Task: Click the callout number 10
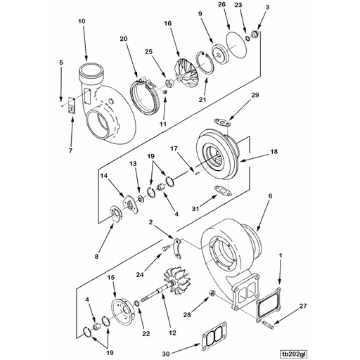[82, 22]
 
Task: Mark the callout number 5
[61, 63]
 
